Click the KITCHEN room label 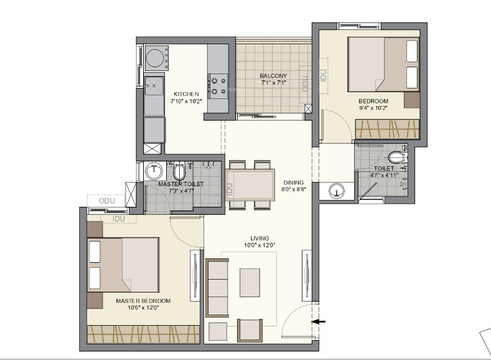[x=186, y=94]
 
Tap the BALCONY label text [x=273, y=76]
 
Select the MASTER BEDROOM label [x=143, y=301]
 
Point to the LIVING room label [x=260, y=238]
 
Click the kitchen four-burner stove [x=218, y=85]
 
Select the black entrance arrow [x=318, y=321]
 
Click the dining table [x=252, y=184]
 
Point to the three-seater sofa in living [x=217, y=287]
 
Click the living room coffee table [x=250, y=282]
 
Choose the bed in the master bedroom [x=124, y=264]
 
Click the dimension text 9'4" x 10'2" [x=373, y=108]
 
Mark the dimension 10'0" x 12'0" [x=260, y=245]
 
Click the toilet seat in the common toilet [x=396, y=158]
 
